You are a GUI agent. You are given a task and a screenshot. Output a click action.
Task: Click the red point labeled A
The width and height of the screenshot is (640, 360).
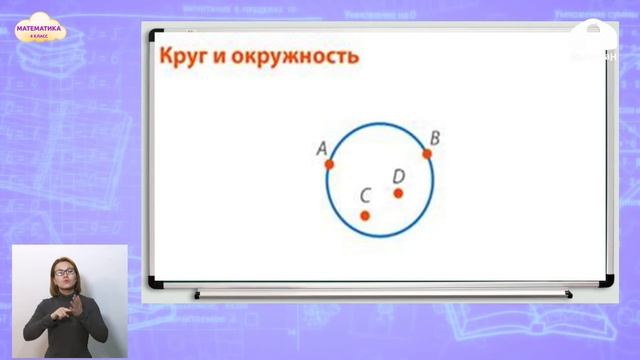click(329, 164)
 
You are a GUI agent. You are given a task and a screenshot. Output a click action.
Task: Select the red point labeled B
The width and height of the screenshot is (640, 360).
click(427, 154)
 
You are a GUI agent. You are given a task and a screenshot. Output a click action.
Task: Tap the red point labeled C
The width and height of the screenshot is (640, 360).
click(365, 215)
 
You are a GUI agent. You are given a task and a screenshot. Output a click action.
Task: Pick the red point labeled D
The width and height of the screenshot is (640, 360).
click(398, 193)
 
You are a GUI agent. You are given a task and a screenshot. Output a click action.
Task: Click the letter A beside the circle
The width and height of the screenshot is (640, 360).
click(322, 148)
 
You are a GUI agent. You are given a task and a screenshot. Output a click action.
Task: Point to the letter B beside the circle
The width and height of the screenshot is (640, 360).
click(434, 137)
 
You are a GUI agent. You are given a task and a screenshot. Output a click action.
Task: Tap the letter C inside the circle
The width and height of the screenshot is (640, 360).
click(365, 196)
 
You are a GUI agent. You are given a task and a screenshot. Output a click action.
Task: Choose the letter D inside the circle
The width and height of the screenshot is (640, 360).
click(398, 176)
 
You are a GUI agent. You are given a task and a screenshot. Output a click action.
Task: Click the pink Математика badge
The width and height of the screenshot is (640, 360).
click(40, 33)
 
